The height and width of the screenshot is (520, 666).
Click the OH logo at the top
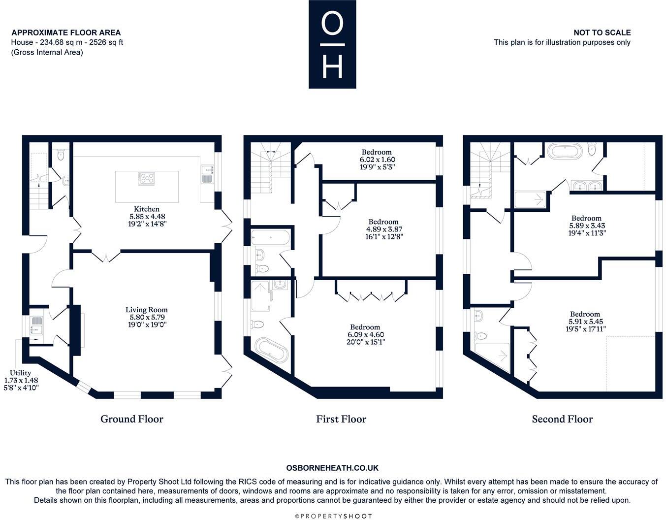tap(332, 44)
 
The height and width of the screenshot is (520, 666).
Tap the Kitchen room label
tap(146, 209)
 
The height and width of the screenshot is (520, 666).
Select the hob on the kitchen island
tap(147, 178)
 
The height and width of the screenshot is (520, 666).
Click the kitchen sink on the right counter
tap(206, 173)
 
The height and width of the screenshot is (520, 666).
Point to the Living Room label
tap(146, 310)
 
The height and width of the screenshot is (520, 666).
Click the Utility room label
tap(21, 373)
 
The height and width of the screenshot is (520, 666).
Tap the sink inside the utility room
tap(36, 324)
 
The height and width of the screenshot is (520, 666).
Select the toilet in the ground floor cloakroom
tap(61, 155)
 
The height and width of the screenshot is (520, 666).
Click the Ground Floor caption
tap(131, 419)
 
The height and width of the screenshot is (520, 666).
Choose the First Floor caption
tap(341, 419)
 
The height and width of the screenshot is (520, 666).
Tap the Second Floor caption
tap(562, 419)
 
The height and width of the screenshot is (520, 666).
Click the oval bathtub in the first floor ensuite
tap(270, 350)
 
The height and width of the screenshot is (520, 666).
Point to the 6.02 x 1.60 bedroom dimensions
tap(377, 160)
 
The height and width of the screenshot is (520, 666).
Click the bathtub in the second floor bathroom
tap(565, 150)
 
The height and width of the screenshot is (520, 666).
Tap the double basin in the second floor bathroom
tap(588, 186)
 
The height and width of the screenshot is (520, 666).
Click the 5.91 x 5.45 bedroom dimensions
tap(585, 322)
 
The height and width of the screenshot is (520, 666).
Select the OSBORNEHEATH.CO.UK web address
tap(332, 468)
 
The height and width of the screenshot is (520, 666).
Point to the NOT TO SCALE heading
tap(602, 32)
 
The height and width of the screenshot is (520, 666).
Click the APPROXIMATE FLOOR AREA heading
tap(66, 32)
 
